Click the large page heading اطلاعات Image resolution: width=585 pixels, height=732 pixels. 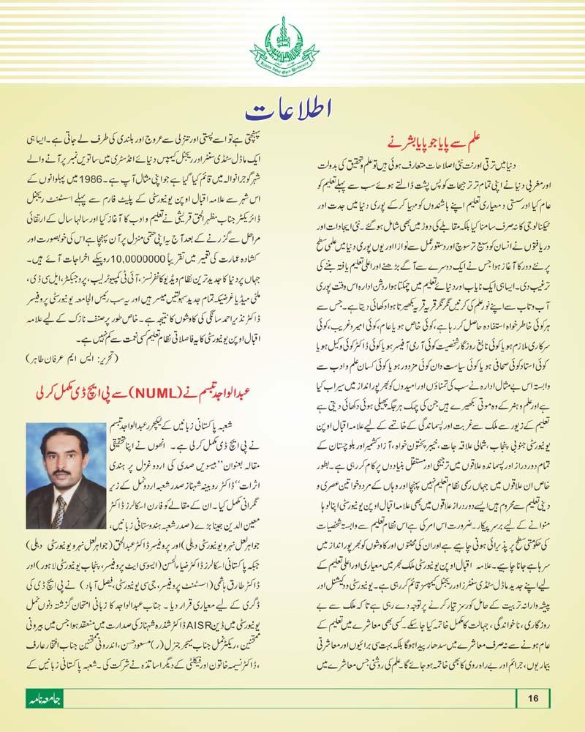tap(292, 112)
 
